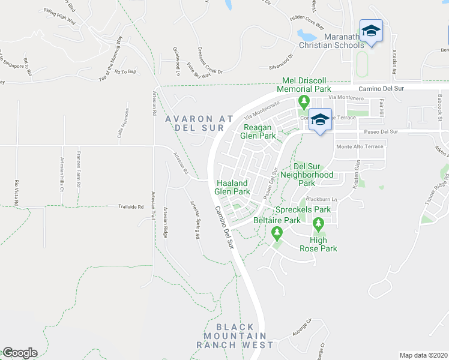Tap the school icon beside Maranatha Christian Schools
point(371,31)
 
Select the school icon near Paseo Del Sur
point(320,119)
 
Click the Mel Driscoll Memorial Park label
point(304,85)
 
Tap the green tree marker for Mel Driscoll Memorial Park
point(304,101)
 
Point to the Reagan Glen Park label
point(259,131)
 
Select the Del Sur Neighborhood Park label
point(313,175)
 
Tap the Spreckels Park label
point(303,210)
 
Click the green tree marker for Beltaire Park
point(277,232)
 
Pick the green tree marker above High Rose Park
point(318,226)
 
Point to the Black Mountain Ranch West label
point(234,335)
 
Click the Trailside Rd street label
point(132,207)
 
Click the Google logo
point(19,353)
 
